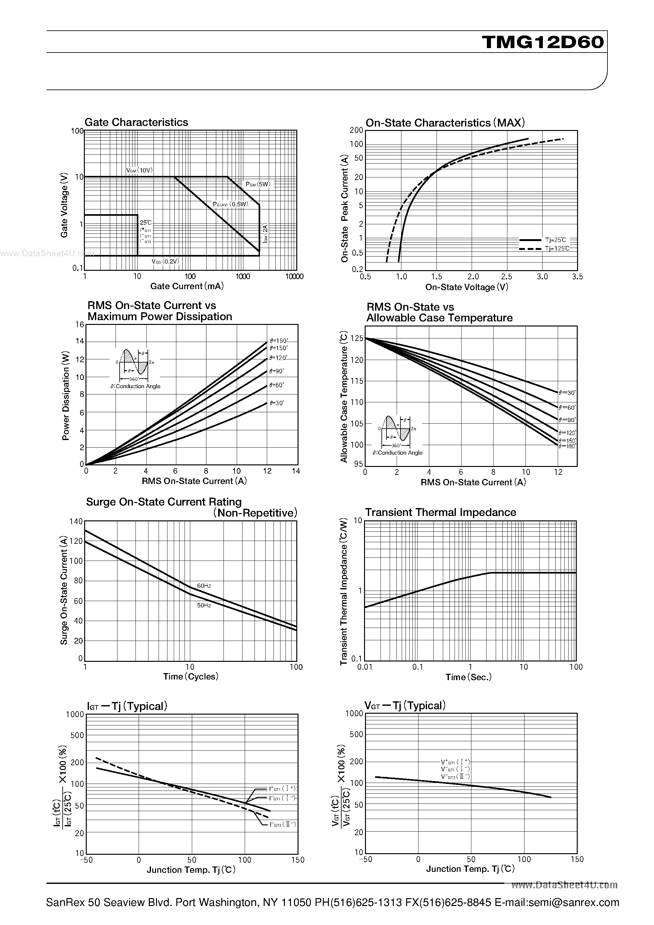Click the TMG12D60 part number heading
pos(543,42)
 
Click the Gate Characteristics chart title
pos(136,122)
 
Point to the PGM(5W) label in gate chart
pos(258,184)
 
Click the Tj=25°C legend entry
pos(555,240)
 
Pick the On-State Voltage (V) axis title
pos(467,287)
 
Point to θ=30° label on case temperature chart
pos(567,392)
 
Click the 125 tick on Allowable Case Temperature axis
pos(357,339)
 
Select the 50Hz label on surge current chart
pos(204,605)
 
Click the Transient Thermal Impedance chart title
pos(440,512)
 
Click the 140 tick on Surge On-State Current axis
pos(76,521)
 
